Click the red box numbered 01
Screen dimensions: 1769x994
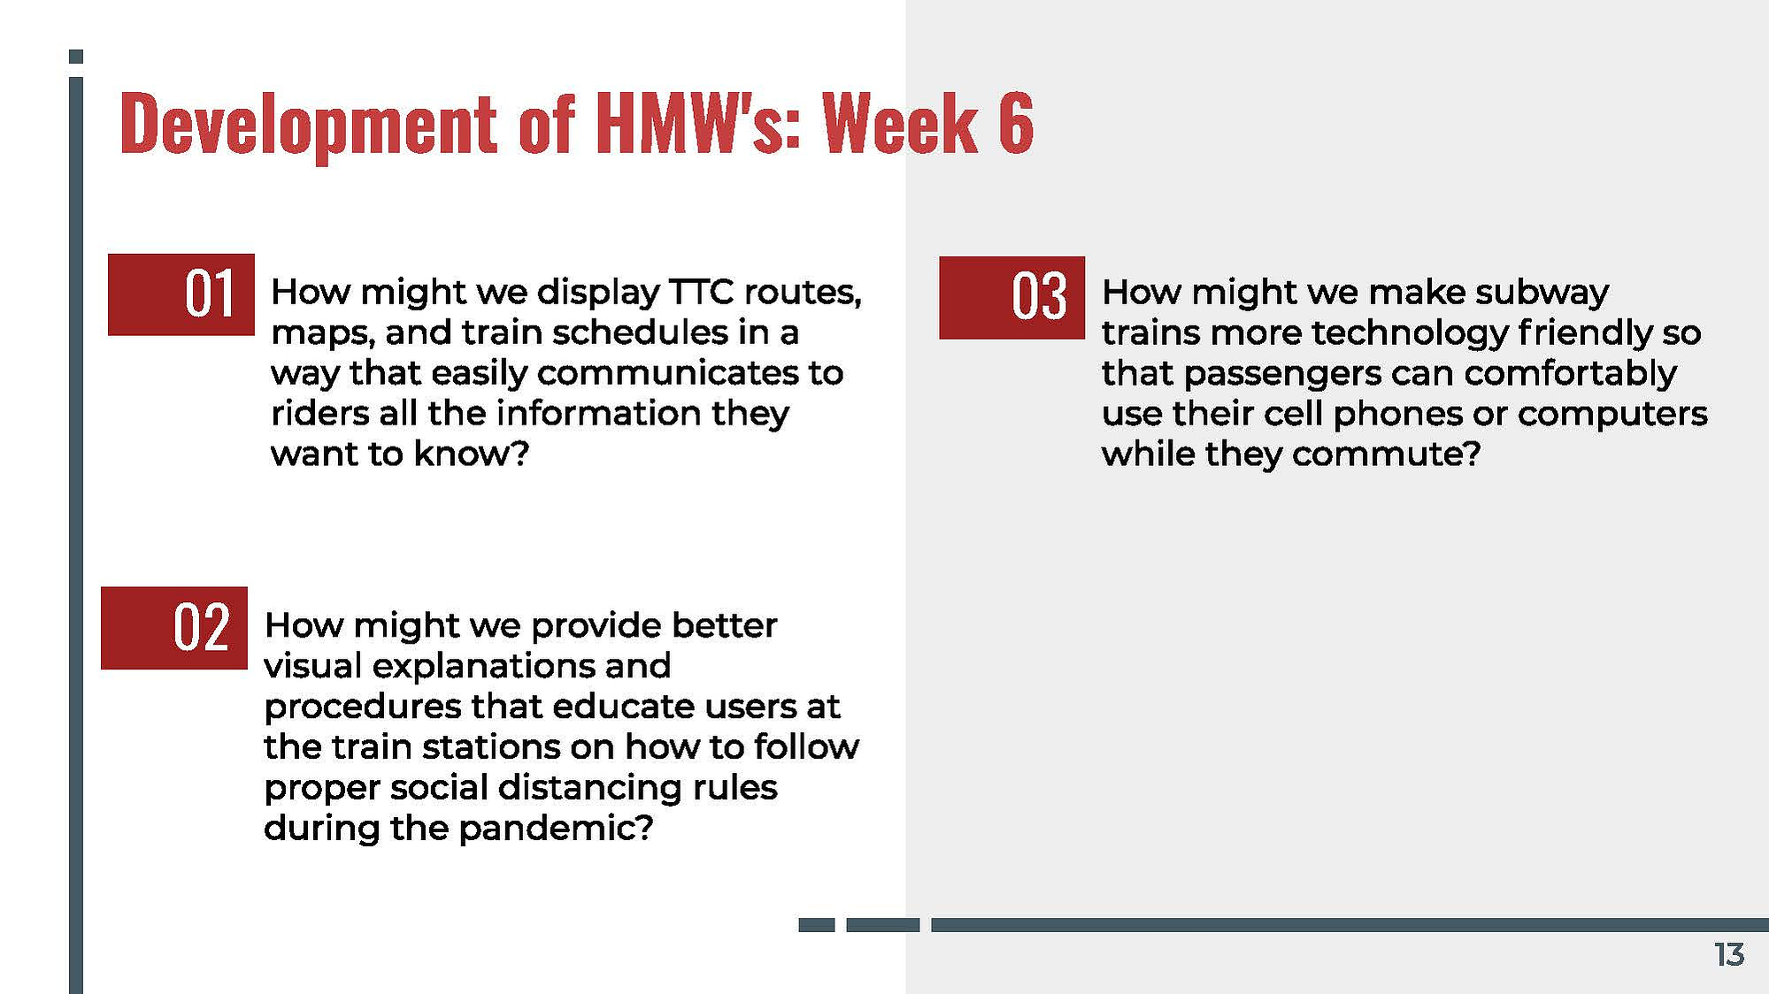coord(181,294)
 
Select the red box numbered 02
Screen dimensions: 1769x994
coord(174,628)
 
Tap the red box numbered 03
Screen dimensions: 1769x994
coord(1011,297)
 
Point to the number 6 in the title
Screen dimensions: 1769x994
coord(1016,123)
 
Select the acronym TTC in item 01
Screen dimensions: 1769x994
coord(701,292)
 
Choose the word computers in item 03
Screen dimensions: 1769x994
coord(1612,414)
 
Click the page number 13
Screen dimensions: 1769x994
coord(1729,955)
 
